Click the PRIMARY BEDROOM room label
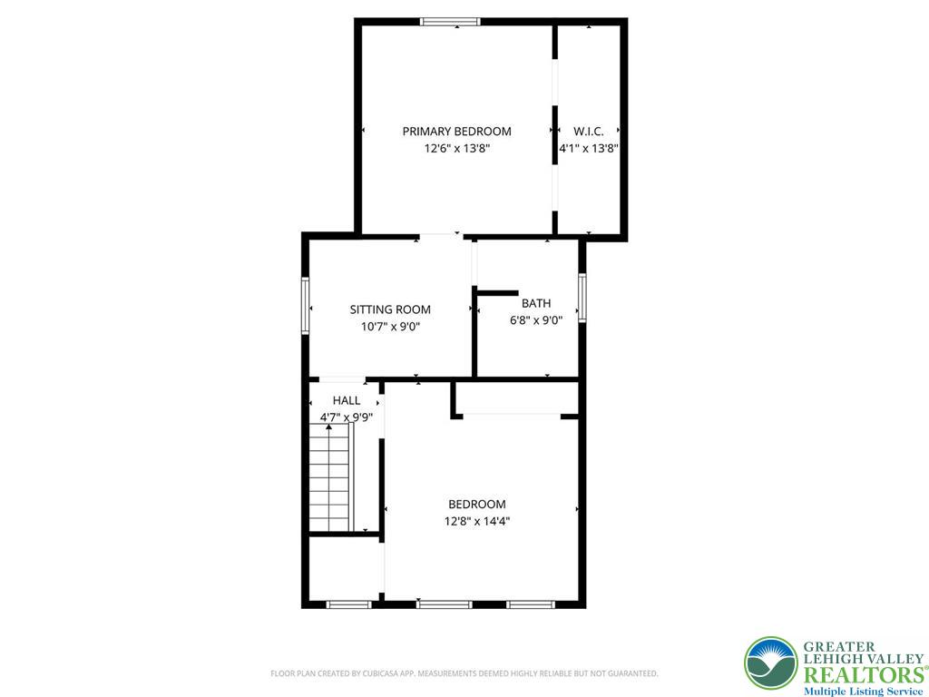[457, 132]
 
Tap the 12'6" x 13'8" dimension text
[457, 149]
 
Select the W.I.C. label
[588, 132]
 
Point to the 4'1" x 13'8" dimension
[589, 149]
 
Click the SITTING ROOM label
[390, 309]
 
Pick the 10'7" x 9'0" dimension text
[390, 327]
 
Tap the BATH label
[536, 303]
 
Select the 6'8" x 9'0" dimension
[536, 320]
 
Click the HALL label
[347, 400]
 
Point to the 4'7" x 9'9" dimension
[347, 417]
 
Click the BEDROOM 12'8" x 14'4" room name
[477, 505]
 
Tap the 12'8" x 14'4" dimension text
[477, 522]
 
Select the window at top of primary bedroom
[450, 22]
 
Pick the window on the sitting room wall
[306, 306]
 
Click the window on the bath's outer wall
[582, 298]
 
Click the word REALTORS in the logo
[863, 675]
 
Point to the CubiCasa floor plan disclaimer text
[464, 673]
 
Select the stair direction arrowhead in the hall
[328, 427]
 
